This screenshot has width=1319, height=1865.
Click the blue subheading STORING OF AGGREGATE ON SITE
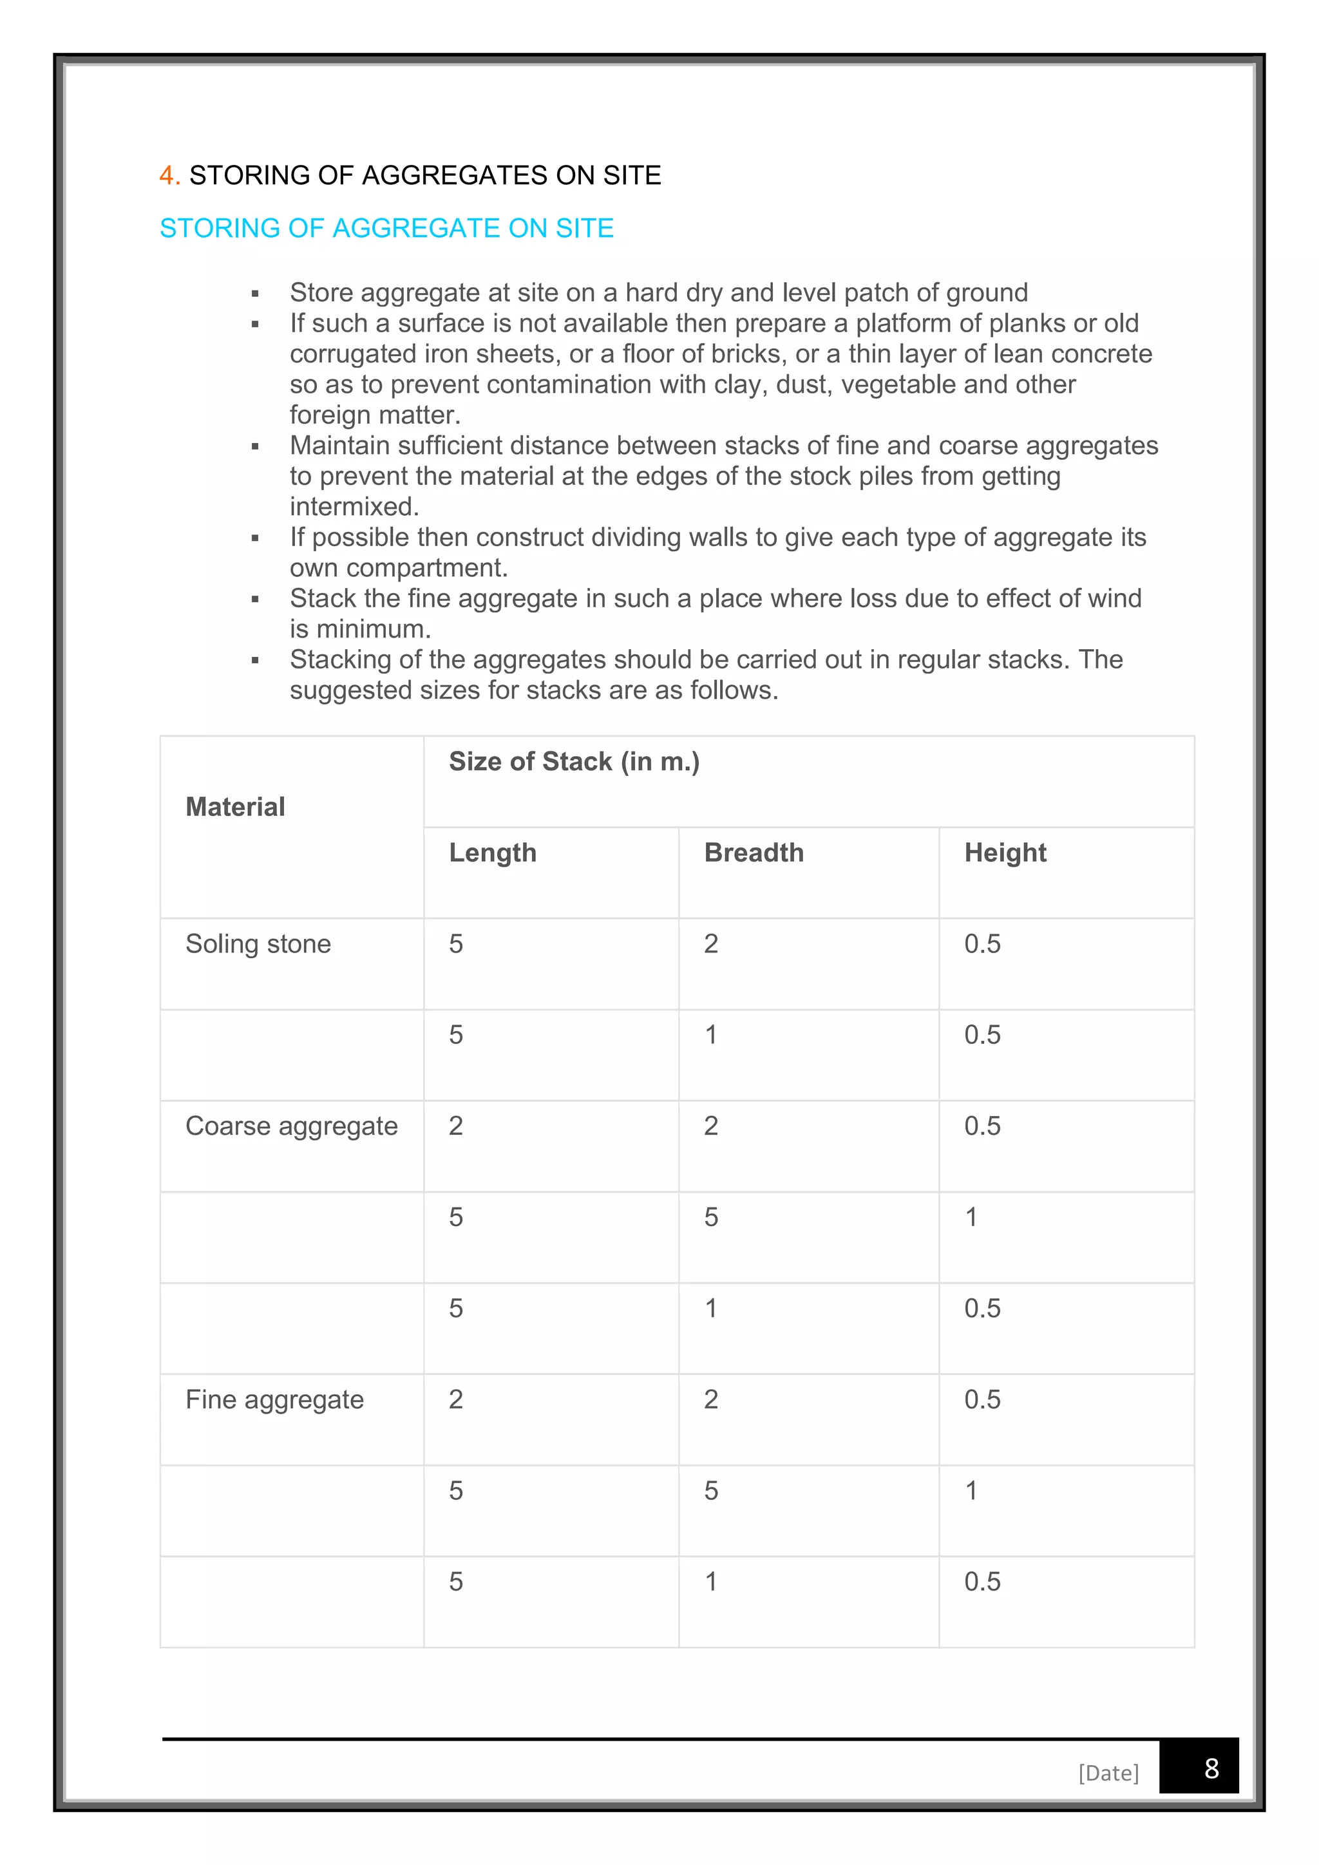tap(386, 228)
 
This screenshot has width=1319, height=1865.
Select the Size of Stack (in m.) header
tap(574, 762)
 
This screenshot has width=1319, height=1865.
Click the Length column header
tap(493, 853)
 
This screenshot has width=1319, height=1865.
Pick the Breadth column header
tap(754, 853)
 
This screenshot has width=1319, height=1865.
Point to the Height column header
tap(1005, 853)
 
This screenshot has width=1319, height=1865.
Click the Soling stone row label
tap(258, 944)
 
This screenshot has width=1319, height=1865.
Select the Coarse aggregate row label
tap(292, 1126)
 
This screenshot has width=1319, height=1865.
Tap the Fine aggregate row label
tap(274, 1401)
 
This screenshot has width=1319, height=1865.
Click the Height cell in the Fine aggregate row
tap(982, 1401)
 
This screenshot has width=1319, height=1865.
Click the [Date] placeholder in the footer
tap(1108, 1773)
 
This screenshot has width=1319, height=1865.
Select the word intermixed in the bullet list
tap(354, 507)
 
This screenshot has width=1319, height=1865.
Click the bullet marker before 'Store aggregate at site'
tap(255, 293)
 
